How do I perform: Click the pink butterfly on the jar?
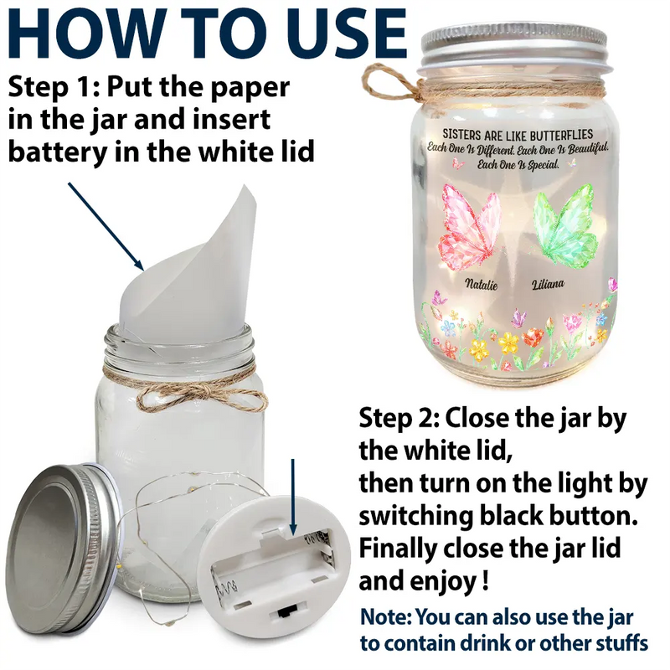click(469, 229)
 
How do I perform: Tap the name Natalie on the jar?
click(481, 284)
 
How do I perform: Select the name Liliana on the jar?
click(548, 284)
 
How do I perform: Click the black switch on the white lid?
click(286, 613)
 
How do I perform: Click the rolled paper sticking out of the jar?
click(188, 269)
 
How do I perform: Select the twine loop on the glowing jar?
click(387, 83)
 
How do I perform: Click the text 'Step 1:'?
click(54, 87)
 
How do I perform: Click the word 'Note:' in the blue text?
click(386, 617)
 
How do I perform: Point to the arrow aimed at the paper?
click(106, 226)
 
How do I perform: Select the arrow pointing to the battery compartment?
click(292, 497)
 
